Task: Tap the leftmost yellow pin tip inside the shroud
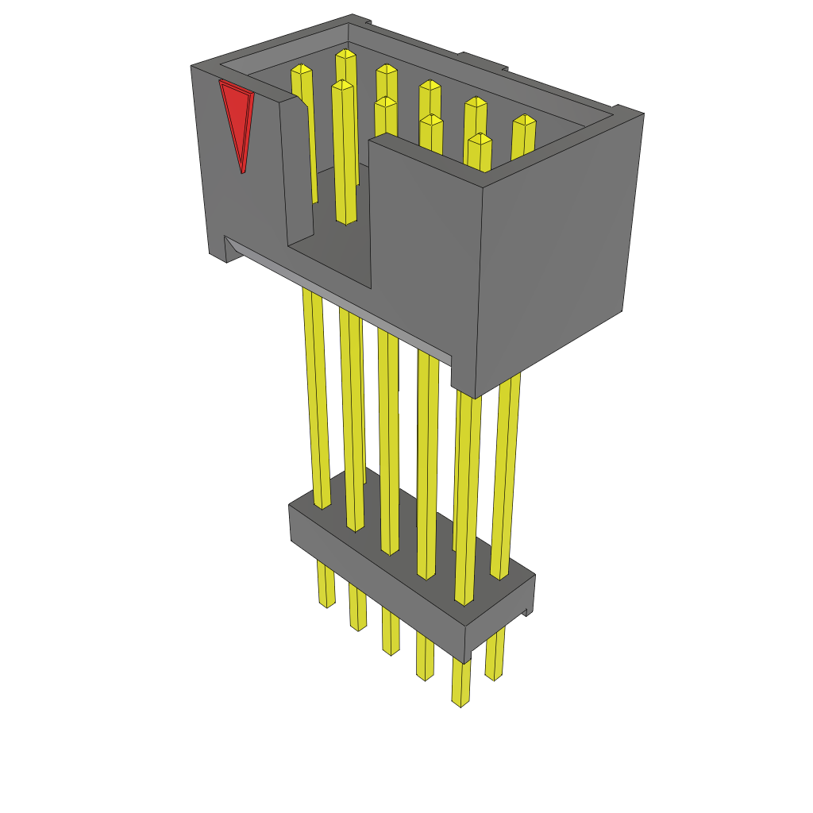pyautogui.click(x=301, y=70)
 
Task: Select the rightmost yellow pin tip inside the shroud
pyautogui.click(x=524, y=121)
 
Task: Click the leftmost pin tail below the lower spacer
pyautogui.click(x=326, y=584)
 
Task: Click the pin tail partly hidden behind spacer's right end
pyautogui.click(x=494, y=655)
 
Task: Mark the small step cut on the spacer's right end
pyautogui.click(x=525, y=611)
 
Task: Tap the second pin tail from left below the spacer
pyautogui.click(x=357, y=607)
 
